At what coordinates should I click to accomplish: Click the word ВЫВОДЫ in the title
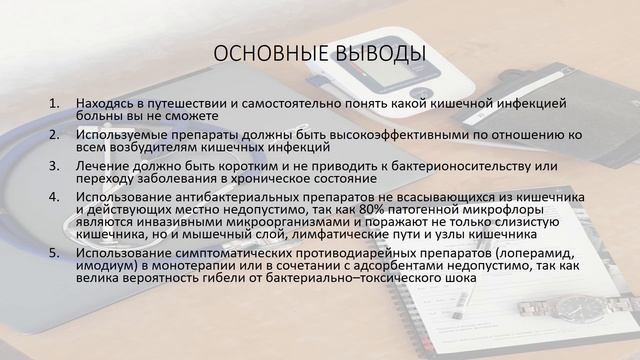pos(377,53)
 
